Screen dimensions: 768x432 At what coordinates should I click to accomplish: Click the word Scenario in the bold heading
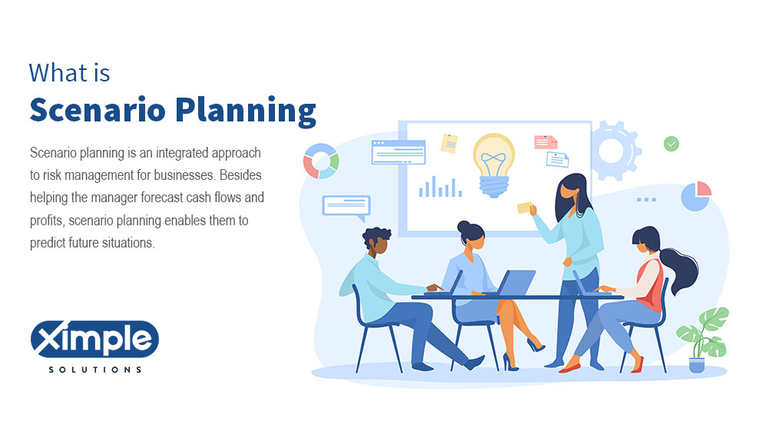(98, 109)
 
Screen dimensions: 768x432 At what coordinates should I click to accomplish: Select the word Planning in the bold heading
(246, 111)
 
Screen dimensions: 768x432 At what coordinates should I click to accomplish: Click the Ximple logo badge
(94, 338)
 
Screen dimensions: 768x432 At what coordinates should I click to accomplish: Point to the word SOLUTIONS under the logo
(95, 369)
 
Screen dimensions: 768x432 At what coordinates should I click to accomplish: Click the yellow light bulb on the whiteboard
(494, 164)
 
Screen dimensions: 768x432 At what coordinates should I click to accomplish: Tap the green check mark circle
(671, 144)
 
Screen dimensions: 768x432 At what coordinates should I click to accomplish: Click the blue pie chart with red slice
(696, 196)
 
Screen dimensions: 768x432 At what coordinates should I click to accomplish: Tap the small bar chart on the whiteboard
(440, 187)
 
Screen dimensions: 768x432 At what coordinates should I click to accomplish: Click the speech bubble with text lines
(346, 207)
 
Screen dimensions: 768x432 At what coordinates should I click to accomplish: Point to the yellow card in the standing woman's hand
(525, 208)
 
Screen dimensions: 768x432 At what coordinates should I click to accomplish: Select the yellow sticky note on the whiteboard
(449, 143)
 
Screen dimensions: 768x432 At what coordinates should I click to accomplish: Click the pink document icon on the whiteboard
(545, 141)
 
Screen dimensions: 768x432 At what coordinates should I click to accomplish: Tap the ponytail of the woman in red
(681, 271)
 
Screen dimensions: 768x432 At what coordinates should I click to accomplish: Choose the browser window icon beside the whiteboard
(398, 152)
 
